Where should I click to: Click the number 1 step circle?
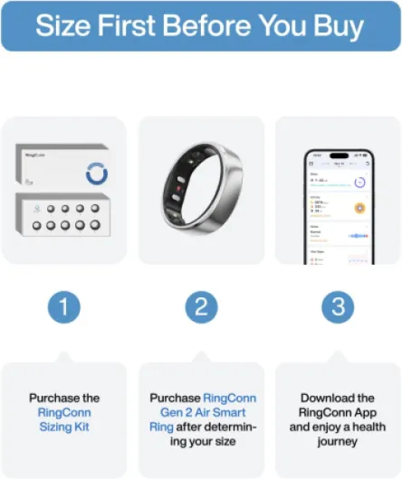(63, 307)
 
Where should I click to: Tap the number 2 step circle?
(201, 307)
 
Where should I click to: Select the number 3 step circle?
(338, 307)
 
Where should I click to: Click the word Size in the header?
(64, 25)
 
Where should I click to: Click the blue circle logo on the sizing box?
(96, 172)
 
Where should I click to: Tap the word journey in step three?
(338, 440)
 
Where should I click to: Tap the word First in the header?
(127, 25)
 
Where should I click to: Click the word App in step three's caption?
(361, 412)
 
